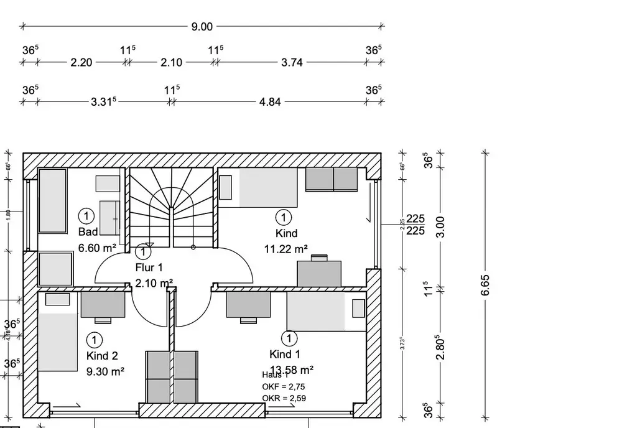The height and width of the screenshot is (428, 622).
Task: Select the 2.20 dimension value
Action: click(x=81, y=62)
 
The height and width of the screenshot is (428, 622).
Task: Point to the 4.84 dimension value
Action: click(x=269, y=101)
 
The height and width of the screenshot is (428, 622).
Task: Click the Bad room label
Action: click(x=88, y=232)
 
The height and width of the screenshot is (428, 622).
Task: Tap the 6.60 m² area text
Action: click(x=97, y=248)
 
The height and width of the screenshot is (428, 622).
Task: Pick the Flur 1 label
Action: click(x=149, y=268)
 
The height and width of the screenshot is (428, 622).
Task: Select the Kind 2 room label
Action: click(x=102, y=356)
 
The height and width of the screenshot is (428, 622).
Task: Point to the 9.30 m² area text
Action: click(x=105, y=372)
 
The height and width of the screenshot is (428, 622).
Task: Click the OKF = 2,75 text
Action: click(x=284, y=386)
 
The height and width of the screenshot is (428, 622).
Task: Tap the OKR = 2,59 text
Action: click(x=284, y=398)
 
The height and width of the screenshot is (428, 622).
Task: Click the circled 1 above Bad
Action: click(x=86, y=216)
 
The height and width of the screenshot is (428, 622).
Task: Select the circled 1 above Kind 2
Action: click(x=95, y=340)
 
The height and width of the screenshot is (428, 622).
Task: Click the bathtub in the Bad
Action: click(x=52, y=200)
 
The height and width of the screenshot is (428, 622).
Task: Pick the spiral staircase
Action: click(x=172, y=205)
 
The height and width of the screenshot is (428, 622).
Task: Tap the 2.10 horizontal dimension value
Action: click(x=171, y=62)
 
